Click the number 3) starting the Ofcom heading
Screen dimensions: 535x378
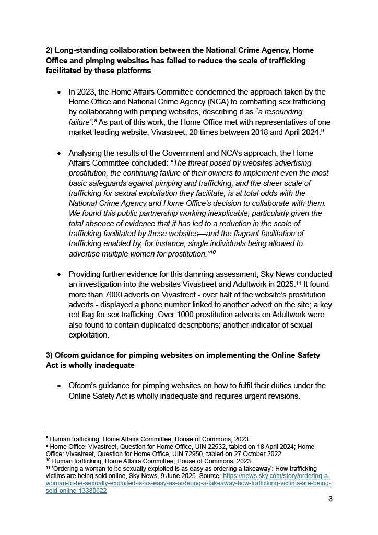point(50,355)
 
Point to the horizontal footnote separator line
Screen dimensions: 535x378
point(91,431)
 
